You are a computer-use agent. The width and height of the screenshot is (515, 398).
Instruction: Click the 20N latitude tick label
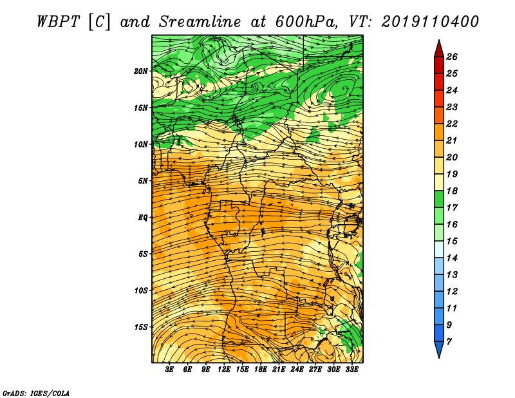[x=141, y=71]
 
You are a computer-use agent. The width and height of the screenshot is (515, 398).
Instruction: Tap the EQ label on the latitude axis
[x=143, y=218]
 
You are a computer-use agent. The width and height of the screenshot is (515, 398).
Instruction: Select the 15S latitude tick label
[x=141, y=327]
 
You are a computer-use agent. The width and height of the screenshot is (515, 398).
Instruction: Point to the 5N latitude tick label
[x=143, y=181]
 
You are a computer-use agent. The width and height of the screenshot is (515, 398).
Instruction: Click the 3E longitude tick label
[x=169, y=370]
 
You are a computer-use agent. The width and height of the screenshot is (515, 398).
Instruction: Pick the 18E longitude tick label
[x=261, y=370]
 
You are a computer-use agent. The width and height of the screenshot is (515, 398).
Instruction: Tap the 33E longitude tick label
[x=351, y=370]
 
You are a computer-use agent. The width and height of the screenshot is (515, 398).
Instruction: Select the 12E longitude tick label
[x=224, y=370]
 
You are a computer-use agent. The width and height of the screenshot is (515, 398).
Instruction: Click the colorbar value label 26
[x=452, y=57]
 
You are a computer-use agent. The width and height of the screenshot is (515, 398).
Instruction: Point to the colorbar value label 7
[x=449, y=341]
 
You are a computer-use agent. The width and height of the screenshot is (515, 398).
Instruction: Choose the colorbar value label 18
[x=452, y=191]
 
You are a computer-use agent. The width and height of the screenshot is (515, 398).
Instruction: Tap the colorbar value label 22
[x=452, y=124]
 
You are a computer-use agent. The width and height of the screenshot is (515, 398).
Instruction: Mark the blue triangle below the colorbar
[x=439, y=349]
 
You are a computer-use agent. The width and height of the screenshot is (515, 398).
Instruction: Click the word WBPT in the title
[x=58, y=22]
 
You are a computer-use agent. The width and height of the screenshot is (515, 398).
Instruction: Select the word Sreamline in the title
[x=200, y=23]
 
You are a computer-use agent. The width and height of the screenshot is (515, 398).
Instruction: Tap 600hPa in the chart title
[x=306, y=22]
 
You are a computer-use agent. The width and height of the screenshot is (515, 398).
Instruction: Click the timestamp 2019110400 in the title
[x=430, y=22]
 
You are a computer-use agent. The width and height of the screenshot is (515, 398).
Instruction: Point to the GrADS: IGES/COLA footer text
[x=36, y=393]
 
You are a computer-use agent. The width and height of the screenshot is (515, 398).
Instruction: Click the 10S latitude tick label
[x=141, y=290]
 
